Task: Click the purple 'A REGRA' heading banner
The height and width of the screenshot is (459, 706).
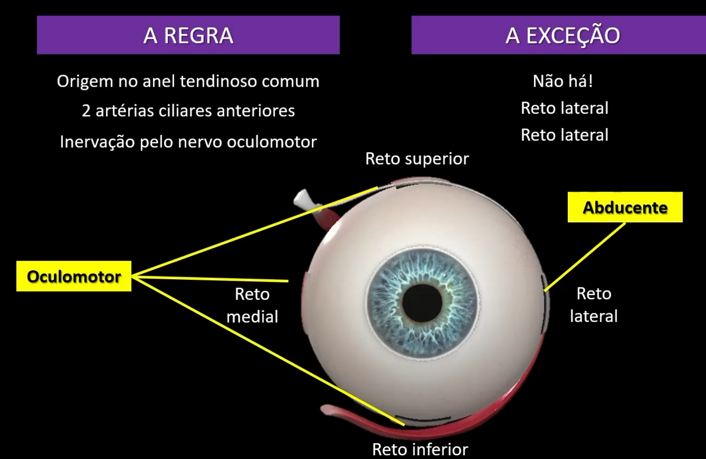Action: click(188, 35)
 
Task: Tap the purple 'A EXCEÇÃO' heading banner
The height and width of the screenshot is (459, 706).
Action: click(558, 35)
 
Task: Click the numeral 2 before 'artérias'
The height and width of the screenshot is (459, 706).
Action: click(86, 111)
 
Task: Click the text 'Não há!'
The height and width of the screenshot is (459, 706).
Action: click(564, 81)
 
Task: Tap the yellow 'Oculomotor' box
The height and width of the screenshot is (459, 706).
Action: click(74, 276)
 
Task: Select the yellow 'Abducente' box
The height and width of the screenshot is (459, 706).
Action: click(624, 207)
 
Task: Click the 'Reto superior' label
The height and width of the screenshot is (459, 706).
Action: click(417, 159)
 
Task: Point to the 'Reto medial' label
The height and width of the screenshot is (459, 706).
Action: click(252, 305)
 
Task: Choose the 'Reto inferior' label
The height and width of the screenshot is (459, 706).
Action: click(420, 449)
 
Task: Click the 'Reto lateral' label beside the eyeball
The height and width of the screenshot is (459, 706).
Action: click(593, 305)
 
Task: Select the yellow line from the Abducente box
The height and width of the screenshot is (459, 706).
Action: click(585, 256)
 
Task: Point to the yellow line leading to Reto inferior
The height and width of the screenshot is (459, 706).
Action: click(265, 349)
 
